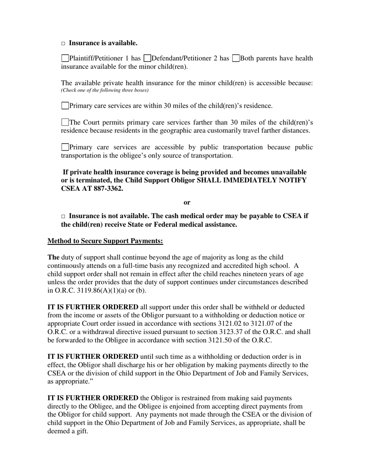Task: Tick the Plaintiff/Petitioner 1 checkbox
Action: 65,58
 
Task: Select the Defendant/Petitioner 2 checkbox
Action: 147,58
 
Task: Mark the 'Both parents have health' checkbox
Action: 236,58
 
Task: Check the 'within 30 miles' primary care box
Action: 65,105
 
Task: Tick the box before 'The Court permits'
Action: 65,122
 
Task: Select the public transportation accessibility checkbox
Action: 65,147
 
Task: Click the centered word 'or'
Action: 187,202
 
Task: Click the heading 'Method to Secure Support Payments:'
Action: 105,241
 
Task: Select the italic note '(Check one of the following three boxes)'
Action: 105,90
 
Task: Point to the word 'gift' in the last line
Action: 81,431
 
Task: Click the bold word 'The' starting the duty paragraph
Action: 54,257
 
